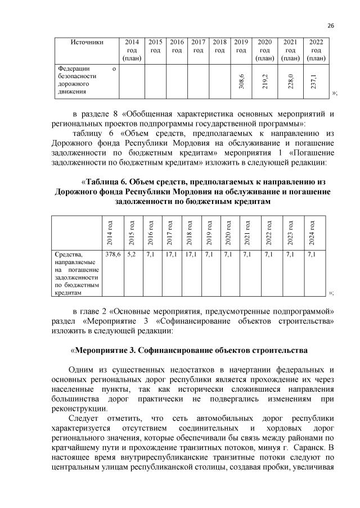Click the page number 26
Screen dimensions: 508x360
tap(330, 25)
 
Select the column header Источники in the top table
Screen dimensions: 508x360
tap(87, 42)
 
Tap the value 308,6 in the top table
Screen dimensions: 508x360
tap(241, 81)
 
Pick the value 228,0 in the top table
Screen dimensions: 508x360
tap(290, 81)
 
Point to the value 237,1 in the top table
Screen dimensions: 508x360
tap(315, 81)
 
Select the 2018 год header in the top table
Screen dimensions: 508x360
tap(220, 46)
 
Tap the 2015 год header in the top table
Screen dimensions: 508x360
tap(156, 46)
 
